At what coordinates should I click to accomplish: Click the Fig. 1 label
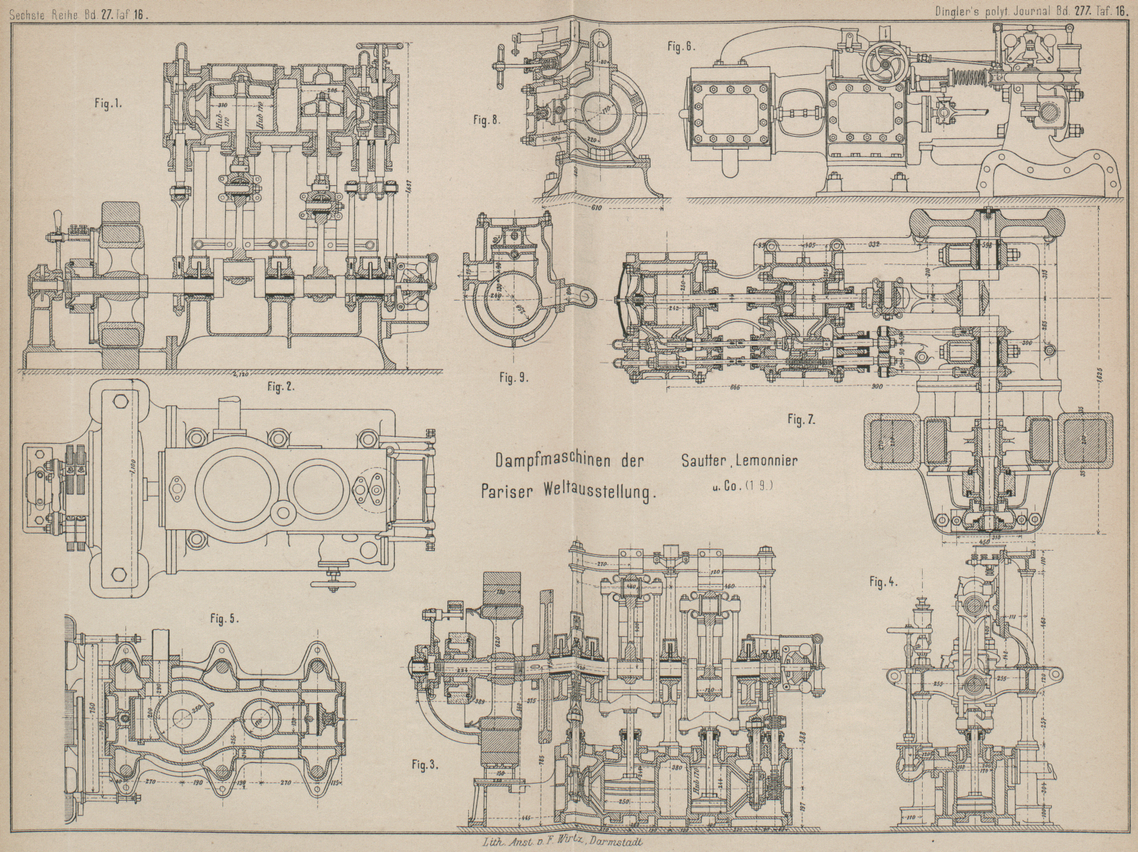tap(108, 103)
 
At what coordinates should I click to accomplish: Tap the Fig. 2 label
tap(280, 387)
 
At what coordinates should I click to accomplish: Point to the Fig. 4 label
tap(883, 582)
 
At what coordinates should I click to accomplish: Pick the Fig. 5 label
tap(224, 618)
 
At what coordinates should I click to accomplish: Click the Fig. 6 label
tap(681, 47)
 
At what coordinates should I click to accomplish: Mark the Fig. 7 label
tap(801, 420)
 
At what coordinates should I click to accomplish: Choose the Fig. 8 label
tap(486, 120)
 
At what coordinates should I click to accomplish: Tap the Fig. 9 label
tap(514, 378)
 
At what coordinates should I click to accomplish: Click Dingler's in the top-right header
tap(960, 11)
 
